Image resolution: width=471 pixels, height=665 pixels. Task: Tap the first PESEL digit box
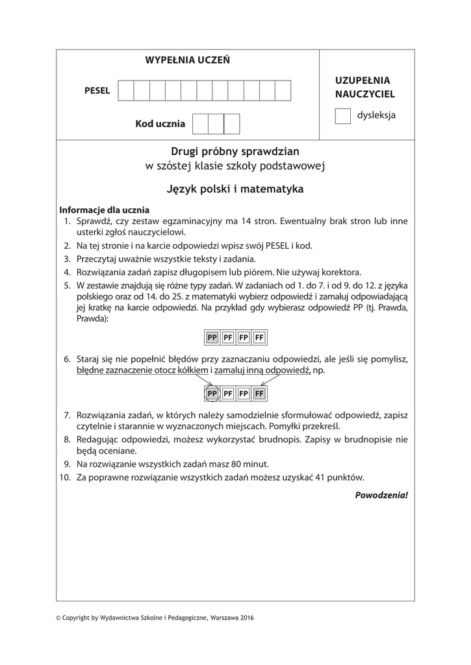(x=126, y=91)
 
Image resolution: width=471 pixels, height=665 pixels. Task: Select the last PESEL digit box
(x=283, y=91)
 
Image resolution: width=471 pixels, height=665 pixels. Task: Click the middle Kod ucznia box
(x=216, y=123)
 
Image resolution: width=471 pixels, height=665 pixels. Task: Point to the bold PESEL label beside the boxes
(x=97, y=91)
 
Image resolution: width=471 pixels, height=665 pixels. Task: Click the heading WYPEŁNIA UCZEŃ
(x=187, y=60)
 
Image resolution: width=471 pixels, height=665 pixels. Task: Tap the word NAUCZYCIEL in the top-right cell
(x=365, y=94)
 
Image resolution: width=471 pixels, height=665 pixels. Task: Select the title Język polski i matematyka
(x=235, y=190)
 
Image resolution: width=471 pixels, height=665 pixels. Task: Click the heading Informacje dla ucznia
(x=105, y=210)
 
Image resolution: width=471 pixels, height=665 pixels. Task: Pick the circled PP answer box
(x=212, y=394)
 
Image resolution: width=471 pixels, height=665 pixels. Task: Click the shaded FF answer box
(x=259, y=394)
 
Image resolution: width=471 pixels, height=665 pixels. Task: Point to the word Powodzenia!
(x=381, y=495)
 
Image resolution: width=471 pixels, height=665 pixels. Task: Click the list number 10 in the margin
(x=64, y=477)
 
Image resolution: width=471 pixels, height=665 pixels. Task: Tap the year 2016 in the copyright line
(x=246, y=618)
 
